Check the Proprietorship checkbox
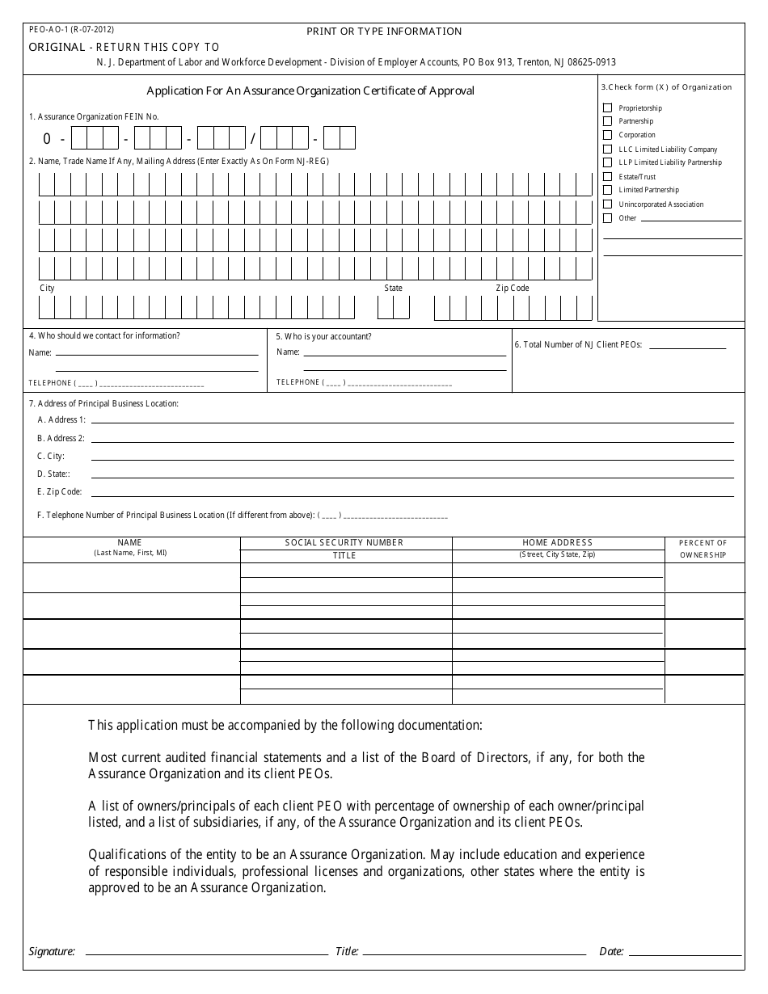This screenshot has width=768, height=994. (608, 107)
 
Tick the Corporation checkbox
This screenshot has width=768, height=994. (608, 135)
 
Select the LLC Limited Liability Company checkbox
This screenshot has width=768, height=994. (608, 149)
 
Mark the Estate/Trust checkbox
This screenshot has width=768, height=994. (608, 176)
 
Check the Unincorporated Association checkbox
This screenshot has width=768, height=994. (608, 204)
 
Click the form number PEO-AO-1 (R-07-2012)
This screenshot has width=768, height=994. (65, 29)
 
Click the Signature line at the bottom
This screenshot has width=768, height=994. (202, 951)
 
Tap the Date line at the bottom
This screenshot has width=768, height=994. (683, 951)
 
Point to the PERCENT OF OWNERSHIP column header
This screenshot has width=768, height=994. (703, 549)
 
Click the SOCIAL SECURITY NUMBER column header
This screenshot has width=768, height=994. (344, 542)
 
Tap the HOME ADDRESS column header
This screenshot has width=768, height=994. (557, 542)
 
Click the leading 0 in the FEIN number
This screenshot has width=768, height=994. (48, 139)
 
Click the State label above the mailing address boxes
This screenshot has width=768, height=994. (393, 288)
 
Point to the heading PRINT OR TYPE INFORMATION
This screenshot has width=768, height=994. (384, 32)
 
